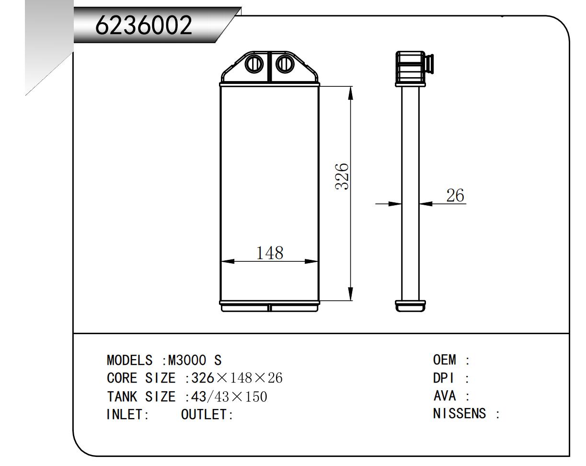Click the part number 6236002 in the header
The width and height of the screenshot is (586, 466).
tap(144, 25)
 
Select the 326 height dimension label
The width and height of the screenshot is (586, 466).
tap(342, 177)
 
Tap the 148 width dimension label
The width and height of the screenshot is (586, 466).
tap(270, 253)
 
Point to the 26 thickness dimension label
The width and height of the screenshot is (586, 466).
tap(455, 195)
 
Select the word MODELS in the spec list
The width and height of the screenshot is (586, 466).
tap(130, 360)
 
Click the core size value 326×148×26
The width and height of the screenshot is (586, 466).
tap(237, 378)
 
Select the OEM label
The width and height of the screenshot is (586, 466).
tap(444, 360)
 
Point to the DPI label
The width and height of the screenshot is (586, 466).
tap(444, 378)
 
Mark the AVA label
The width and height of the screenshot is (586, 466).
tap(444, 396)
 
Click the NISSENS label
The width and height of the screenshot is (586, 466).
tap(460, 414)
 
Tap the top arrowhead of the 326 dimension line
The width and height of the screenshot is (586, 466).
tap(351, 93)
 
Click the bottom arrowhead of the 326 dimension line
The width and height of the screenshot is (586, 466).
tap(351, 294)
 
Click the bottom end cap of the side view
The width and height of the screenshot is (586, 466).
tap(410, 305)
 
